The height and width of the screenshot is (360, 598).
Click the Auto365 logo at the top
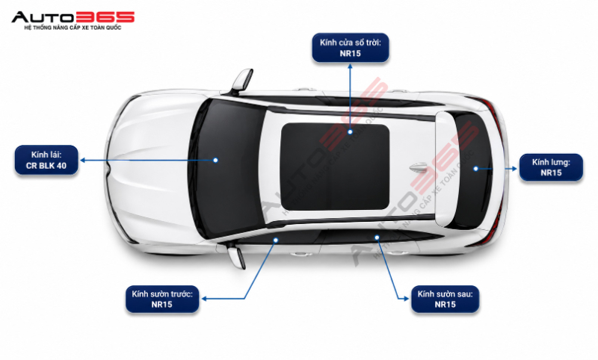73,21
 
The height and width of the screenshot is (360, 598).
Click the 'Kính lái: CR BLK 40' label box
46,160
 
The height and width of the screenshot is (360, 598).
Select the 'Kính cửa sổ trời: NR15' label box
351,48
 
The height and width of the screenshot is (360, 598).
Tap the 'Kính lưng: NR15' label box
551,167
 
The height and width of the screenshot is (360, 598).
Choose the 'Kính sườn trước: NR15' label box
162,299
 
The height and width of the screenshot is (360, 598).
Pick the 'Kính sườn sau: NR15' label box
445,299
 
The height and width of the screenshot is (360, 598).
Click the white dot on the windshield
215,160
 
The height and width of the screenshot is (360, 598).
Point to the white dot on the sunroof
350,131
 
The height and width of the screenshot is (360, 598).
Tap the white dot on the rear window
475,168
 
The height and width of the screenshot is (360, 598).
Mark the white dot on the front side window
276,240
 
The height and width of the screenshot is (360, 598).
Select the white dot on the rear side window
377,238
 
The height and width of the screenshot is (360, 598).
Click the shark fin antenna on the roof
418,167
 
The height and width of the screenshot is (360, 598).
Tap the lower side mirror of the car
236,257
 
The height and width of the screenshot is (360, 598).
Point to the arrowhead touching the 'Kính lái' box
82,161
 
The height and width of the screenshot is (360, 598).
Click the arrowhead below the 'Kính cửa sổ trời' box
350,66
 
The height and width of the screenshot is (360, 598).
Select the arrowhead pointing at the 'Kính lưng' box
514,168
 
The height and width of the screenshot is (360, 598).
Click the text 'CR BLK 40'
46,166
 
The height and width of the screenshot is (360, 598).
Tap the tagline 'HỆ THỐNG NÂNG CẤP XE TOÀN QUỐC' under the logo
73,28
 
